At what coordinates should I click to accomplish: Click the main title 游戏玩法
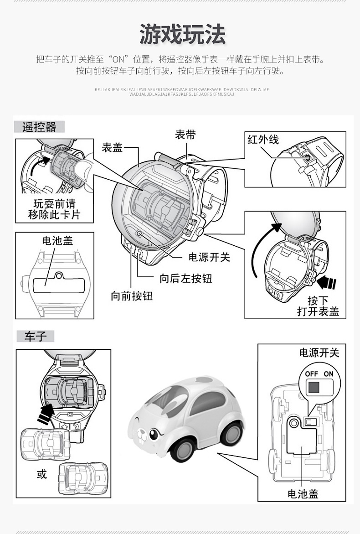[182, 35]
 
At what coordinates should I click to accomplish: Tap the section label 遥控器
[39, 127]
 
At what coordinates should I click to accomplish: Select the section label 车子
[35, 337]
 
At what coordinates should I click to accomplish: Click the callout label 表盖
[112, 147]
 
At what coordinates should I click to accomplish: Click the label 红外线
[263, 140]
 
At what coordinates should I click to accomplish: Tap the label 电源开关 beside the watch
[209, 257]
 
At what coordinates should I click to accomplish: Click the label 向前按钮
[131, 296]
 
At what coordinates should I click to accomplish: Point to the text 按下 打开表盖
[318, 306]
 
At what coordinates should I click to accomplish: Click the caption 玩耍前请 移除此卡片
[54, 209]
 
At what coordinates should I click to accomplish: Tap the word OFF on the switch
[312, 374]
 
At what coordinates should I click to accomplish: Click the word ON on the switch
[329, 374]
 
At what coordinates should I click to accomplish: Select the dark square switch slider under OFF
[314, 388]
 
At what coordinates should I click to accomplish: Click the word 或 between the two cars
[42, 474]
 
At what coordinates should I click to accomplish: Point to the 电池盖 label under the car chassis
[303, 493]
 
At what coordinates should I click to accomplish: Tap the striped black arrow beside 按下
[326, 283]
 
